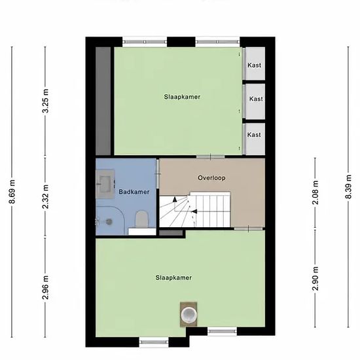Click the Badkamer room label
pyautogui.click(x=134, y=192)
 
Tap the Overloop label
pyautogui.click(x=211, y=178)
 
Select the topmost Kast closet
pyautogui.click(x=254, y=63)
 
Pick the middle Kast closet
pyautogui.click(x=254, y=101)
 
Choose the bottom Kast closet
pyautogui.click(x=254, y=139)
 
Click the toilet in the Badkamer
pyautogui.click(x=141, y=219)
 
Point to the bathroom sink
pyautogui.click(x=105, y=184)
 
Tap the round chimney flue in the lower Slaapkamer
pyautogui.click(x=189, y=315)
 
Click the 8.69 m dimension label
pyautogui.click(x=12, y=192)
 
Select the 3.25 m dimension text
pyautogui.click(x=45, y=101)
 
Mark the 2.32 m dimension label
pyautogui.click(x=45, y=196)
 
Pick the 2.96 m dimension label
pyautogui.click(x=45, y=287)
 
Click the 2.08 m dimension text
pyautogui.click(x=315, y=192)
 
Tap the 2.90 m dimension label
pyautogui.click(x=315, y=278)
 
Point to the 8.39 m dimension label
pyautogui.click(x=348, y=187)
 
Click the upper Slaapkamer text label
pyautogui.click(x=182, y=97)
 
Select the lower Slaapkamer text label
pyautogui.click(x=173, y=278)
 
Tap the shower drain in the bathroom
pyautogui.click(x=109, y=221)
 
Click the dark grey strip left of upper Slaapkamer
pyautogui.click(x=103, y=101)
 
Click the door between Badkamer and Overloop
pyautogui.click(x=158, y=174)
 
